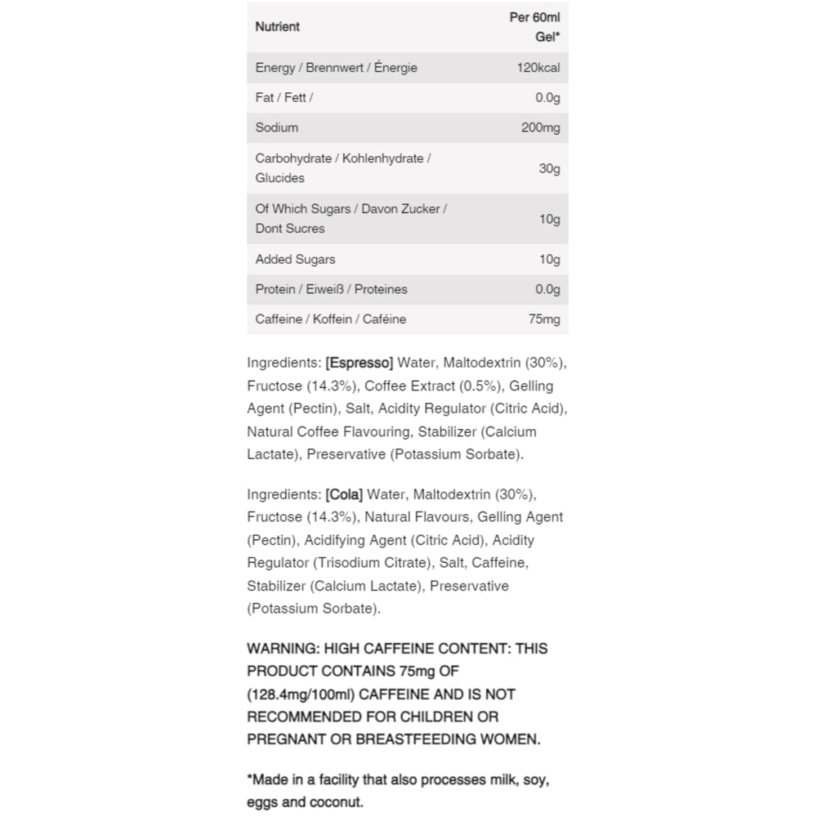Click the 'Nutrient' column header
coord(277,27)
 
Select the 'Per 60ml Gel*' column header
coord(535,27)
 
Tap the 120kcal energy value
coord(538,68)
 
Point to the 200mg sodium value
coord(541,127)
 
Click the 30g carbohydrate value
coord(550,168)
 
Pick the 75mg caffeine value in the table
coord(544,319)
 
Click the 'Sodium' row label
coord(277,127)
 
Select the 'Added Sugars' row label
coord(295,260)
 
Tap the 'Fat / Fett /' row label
coord(284,98)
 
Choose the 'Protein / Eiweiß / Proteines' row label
coord(331,289)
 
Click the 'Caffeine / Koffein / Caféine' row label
coord(330,319)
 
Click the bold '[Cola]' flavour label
coord(344,494)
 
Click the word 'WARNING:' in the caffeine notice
coord(283,649)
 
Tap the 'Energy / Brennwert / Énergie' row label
coord(336,68)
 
